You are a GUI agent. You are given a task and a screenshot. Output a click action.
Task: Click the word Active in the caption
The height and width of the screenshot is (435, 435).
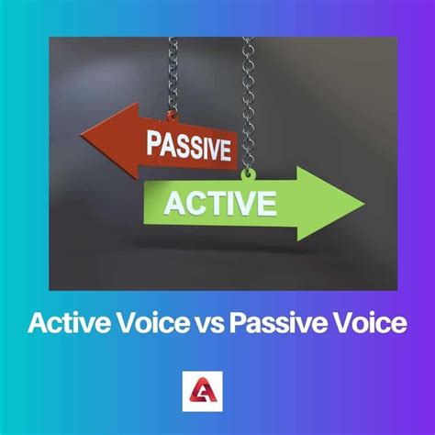click(63, 323)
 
